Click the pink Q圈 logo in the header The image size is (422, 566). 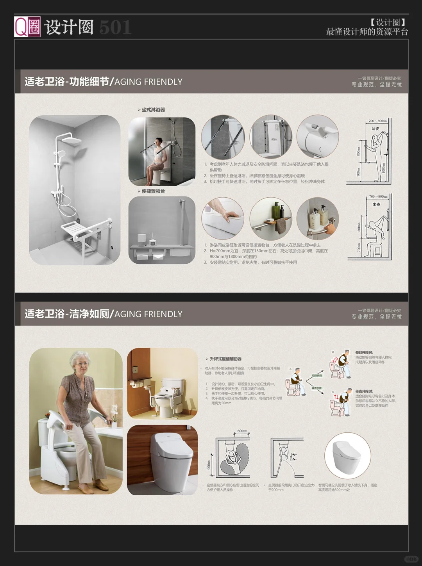tap(27, 27)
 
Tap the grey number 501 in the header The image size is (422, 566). tap(115, 27)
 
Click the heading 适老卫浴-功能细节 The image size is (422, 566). tap(67, 82)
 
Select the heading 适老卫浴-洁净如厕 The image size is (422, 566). tap(67, 314)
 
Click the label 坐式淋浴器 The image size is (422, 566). tap(153, 110)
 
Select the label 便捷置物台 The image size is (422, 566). tap(153, 191)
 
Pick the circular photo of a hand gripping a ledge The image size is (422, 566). tap(223, 218)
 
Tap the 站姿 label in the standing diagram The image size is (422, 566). tap(375, 129)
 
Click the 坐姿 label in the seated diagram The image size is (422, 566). tap(376, 204)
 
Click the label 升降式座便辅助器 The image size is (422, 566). tap(225, 359)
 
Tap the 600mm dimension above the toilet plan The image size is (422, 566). tap(242, 431)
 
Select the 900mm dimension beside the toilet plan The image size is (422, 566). tap(209, 464)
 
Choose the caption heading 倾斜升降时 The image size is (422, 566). tap(364, 353)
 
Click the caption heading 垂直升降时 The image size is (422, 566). tap(364, 391)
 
